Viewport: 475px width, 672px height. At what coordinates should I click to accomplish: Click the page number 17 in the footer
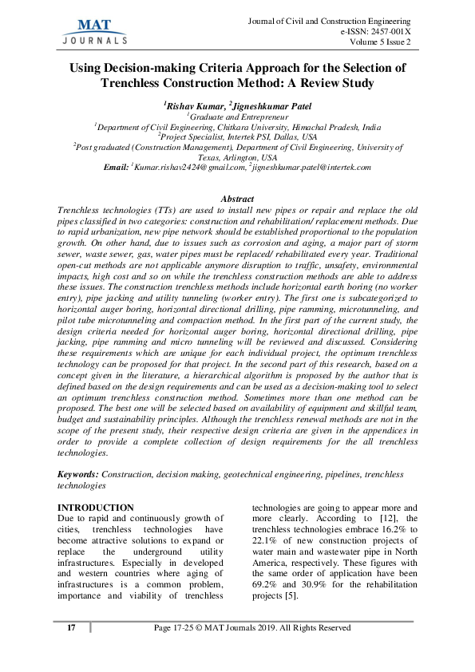[72, 628]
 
